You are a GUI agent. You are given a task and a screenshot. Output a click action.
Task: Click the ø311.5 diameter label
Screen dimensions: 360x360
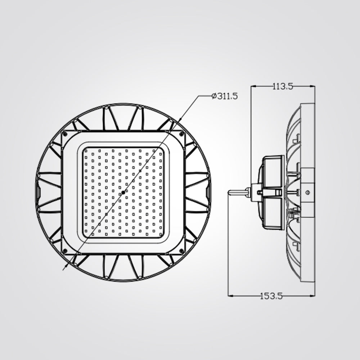[x=225, y=96]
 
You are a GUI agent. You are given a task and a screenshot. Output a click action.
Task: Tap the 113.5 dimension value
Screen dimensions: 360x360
[x=283, y=86]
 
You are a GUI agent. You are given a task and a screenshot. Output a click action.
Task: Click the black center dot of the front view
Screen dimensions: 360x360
[x=123, y=192]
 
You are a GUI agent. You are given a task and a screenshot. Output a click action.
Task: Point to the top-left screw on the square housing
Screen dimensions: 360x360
[x=65, y=134]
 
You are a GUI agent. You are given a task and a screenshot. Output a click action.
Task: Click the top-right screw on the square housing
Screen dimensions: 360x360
[x=181, y=134]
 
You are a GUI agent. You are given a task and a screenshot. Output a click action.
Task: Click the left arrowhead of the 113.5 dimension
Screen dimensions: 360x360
[x=253, y=86]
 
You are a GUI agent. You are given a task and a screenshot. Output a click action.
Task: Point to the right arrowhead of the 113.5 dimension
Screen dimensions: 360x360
[x=313, y=86]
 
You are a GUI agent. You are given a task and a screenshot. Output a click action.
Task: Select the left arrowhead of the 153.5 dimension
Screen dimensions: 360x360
[x=231, y=296]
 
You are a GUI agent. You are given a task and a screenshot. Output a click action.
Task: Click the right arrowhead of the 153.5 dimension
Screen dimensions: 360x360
[x=313, y=296]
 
